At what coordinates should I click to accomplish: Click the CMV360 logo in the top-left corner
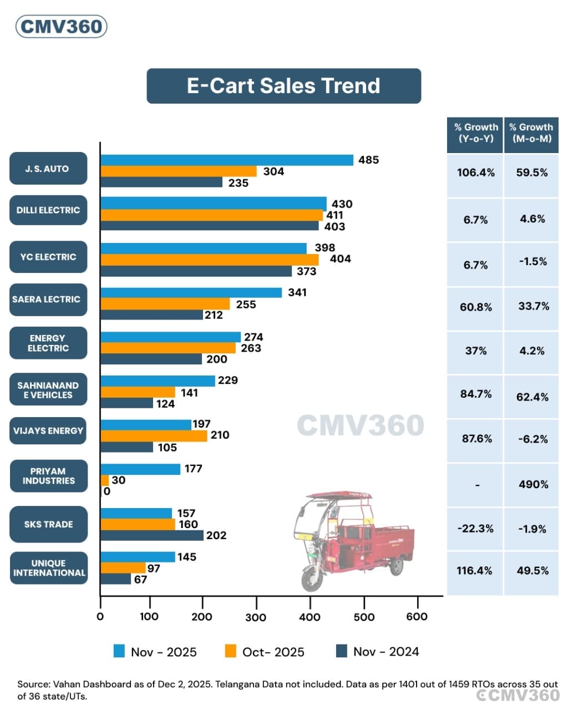(61, 27)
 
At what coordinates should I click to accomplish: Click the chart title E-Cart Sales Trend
(283, 86)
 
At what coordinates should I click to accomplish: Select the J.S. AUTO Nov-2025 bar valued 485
(226, 160)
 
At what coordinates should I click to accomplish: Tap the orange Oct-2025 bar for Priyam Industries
(105, 480)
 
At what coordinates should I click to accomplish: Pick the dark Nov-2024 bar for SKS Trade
(151, 535)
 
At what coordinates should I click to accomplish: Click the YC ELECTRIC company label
(48, 257)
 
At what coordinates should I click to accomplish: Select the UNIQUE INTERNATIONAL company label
(49, 568)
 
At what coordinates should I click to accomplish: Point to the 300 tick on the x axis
(256, 617)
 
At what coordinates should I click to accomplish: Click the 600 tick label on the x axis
(417, 617)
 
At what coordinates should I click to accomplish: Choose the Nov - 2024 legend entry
(377, 652)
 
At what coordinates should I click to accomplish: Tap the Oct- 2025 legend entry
(265, 652)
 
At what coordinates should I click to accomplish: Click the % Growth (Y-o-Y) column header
(475, 133)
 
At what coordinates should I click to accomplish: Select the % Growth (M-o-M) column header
(531, 133)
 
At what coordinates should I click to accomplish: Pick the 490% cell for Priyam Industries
(533, 484)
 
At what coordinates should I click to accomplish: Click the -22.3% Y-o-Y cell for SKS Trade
(475, 529)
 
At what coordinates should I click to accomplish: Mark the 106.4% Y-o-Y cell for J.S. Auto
(475, 173)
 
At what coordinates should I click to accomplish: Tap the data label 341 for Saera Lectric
(297, 292)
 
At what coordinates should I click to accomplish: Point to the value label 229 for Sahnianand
(227, 381)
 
